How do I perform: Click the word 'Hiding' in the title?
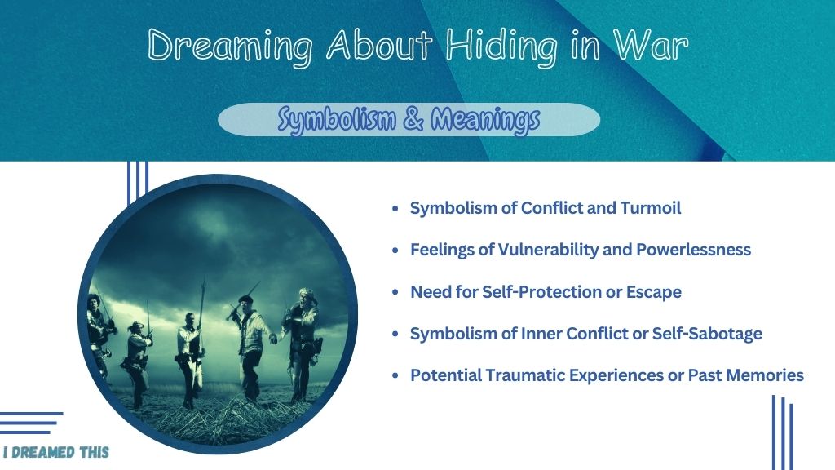(x=501, y=47)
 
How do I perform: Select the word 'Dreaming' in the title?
(x=229, y=47)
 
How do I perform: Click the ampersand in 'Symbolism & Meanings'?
(x=413, y=118)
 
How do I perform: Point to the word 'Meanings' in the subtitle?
(x=485, y=120)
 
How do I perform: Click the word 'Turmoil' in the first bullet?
(x=650, y=208)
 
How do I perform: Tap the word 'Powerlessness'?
(x=693, y=250)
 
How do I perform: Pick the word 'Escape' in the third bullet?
(x=653, y=292)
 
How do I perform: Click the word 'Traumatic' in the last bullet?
(x=525, y=375)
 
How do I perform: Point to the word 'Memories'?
(x=765, y=375)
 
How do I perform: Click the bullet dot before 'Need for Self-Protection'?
(x=395, y=292)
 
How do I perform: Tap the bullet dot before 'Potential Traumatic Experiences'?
(x=395, y=375)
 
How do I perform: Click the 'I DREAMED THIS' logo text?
(x=56, y=452)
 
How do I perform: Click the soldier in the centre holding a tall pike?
(x=189, y=358)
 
